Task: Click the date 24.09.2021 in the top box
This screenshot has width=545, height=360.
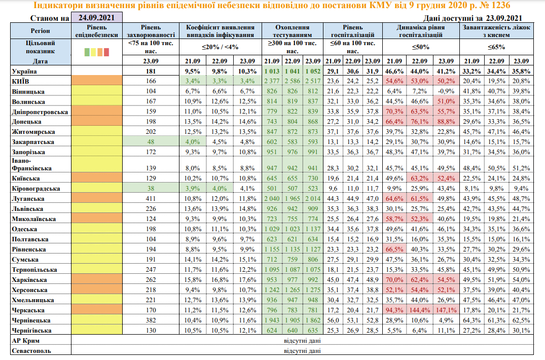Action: tap(96, 18)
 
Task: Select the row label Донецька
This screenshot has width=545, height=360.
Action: tap(30, 122)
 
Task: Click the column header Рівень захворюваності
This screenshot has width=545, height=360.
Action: tap(150, 30)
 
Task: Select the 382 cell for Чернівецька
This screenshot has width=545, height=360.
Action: tap(150, 320)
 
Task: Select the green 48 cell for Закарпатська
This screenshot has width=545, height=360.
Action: tap(150, 142)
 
